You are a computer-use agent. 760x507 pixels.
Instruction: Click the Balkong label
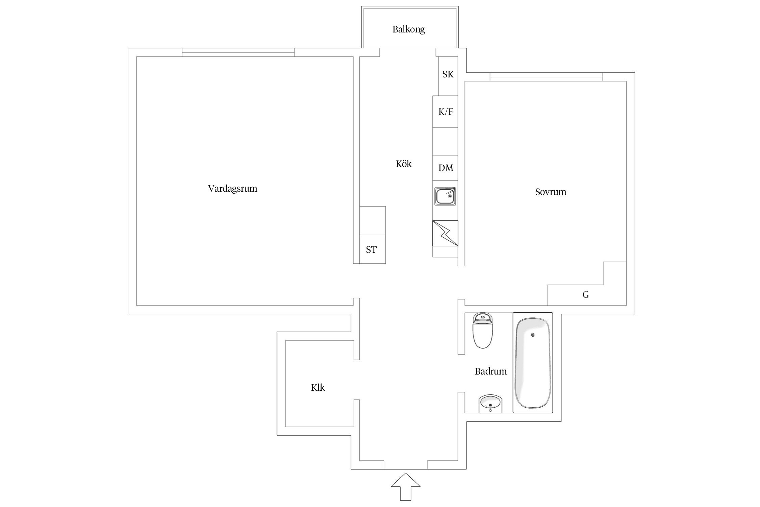(x=408, y=29)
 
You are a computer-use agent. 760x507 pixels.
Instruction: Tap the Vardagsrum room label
(x=232, y=188)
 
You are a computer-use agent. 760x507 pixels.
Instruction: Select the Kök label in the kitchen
(x=404, y=164)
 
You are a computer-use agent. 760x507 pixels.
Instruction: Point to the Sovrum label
(x=551, y=192)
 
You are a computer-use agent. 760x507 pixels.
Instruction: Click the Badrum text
(x=491, y=371)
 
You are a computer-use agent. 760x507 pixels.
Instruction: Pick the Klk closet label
(x=318, y=387)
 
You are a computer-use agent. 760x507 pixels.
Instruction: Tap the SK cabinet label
(x=448, y=74)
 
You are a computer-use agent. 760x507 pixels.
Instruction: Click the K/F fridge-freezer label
(x=446, y=112)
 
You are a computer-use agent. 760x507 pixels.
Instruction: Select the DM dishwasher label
(x=446, y=168)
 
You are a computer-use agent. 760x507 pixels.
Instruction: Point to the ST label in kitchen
(x=371, y=250)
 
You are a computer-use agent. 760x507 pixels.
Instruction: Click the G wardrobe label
(x=586, y=295)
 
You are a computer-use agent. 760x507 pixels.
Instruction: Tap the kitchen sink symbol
(x=445, y=196)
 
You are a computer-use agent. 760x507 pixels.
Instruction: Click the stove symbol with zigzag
(x=445, y=233)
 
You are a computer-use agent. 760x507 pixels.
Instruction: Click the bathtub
(x=533, y=362)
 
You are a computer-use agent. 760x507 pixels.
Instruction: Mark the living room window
(x=238, y=52)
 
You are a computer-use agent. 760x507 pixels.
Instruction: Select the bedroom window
(x=546, y=77)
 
